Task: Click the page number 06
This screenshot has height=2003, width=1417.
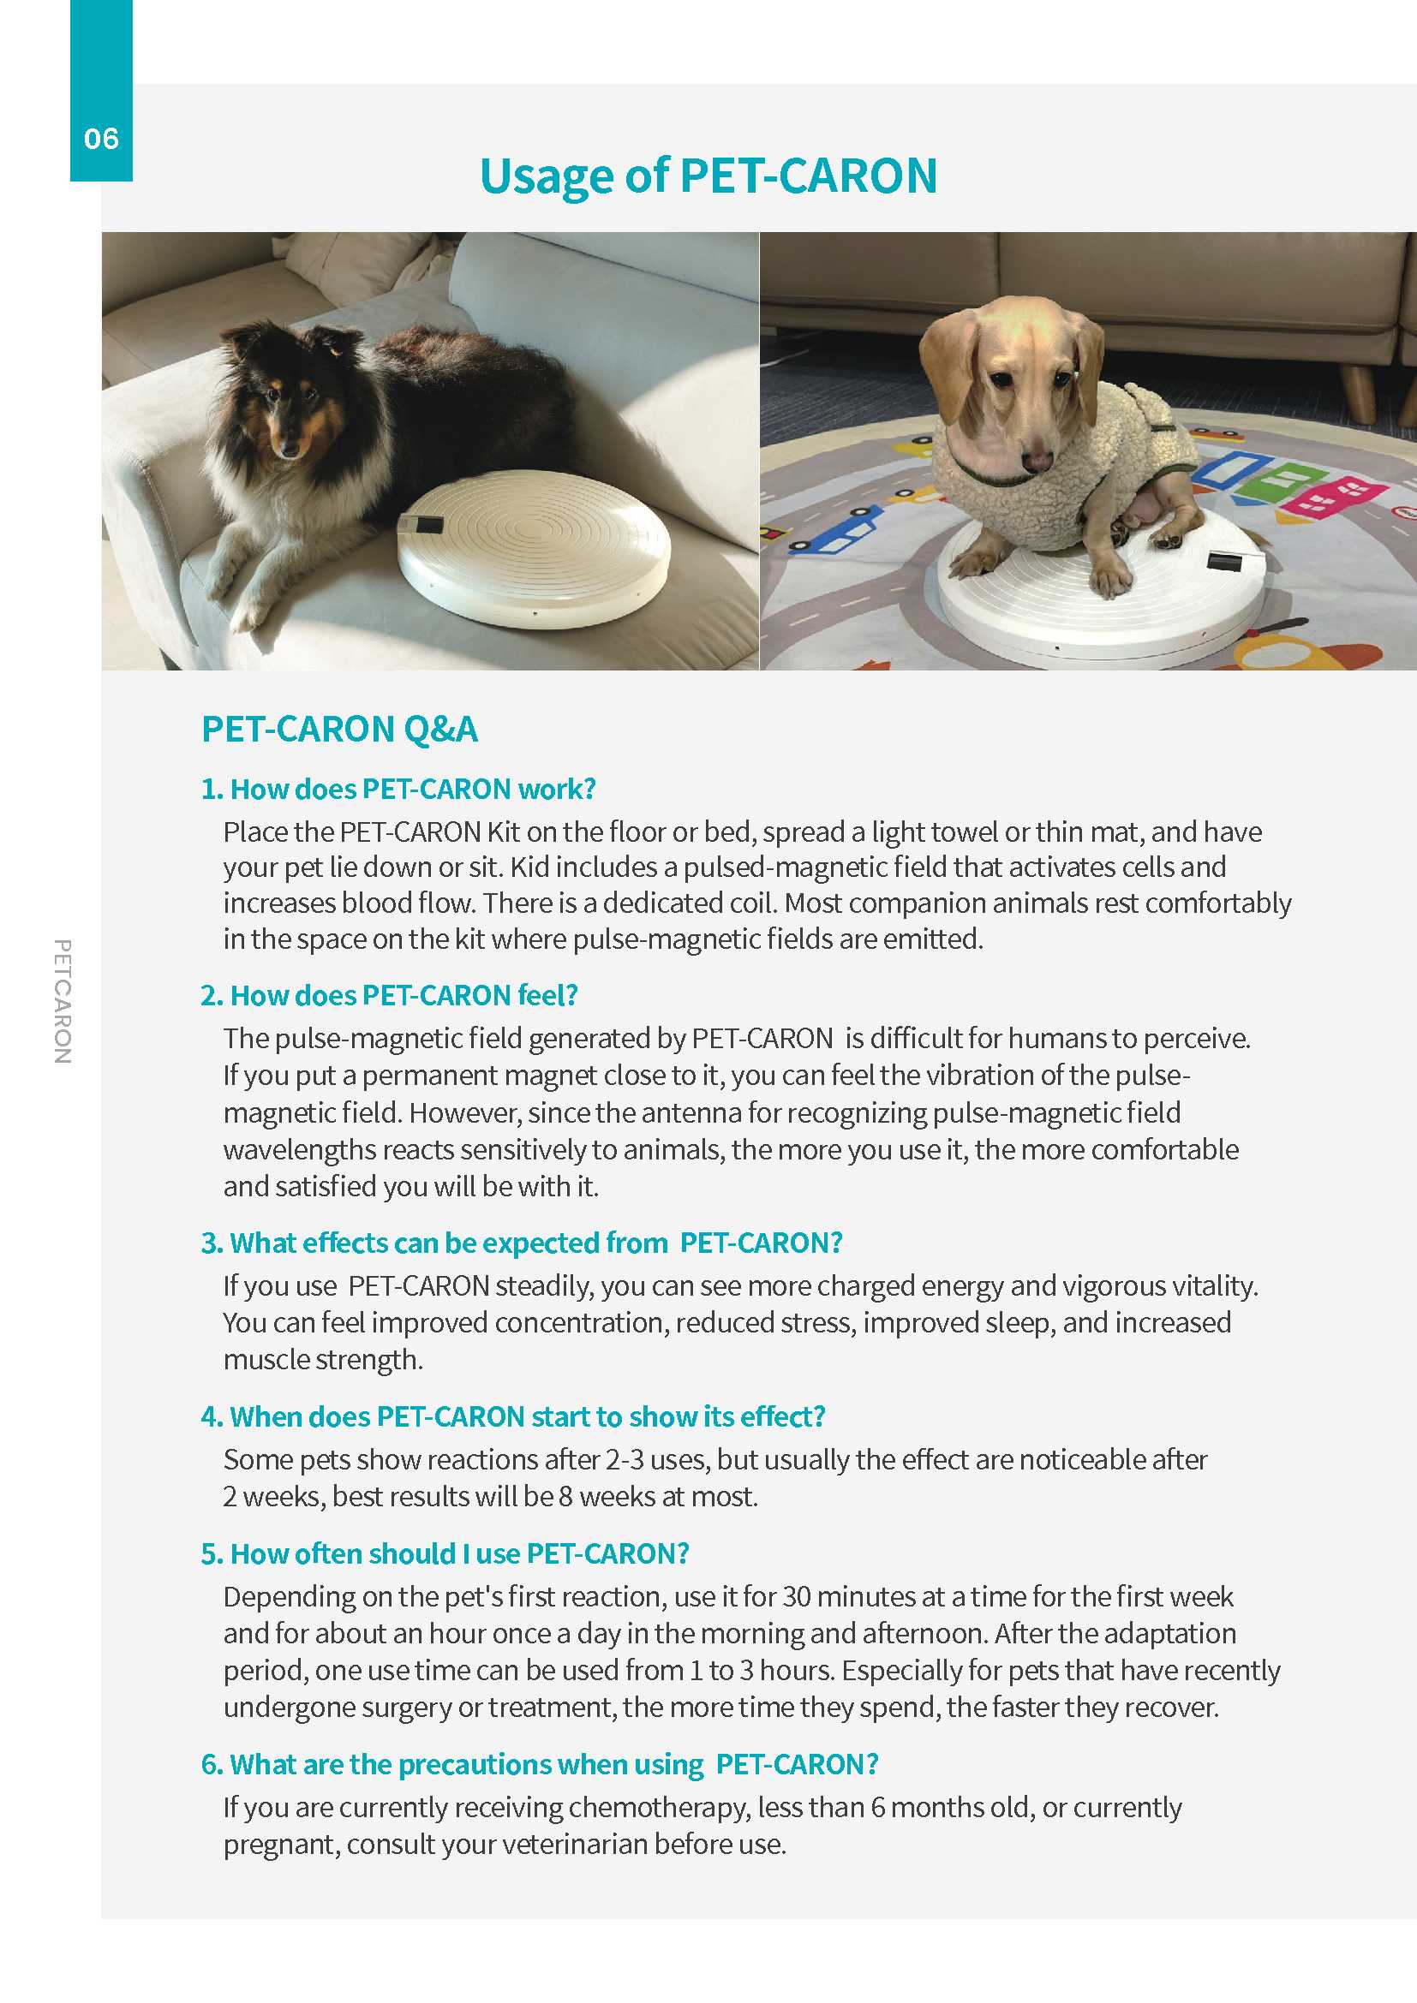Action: point(101,139)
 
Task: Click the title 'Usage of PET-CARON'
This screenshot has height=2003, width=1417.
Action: point(708,176)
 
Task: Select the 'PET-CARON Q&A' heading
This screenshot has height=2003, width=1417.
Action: point(339,730)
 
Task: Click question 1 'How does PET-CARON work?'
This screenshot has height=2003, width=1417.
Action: point(398,789)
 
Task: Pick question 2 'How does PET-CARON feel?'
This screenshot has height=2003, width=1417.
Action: point(389,995)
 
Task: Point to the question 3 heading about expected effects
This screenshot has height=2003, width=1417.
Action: point(522,1243)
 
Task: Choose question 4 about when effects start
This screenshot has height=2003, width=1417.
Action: point(513,1416)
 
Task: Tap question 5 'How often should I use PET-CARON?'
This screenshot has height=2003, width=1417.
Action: point(445,1553)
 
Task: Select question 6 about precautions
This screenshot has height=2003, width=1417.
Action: point(539,1764)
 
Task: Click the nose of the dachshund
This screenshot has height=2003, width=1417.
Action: point(1038,460)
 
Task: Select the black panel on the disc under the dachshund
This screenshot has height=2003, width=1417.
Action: point(1224,560)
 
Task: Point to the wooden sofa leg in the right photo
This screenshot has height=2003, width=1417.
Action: point(1356,391)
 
